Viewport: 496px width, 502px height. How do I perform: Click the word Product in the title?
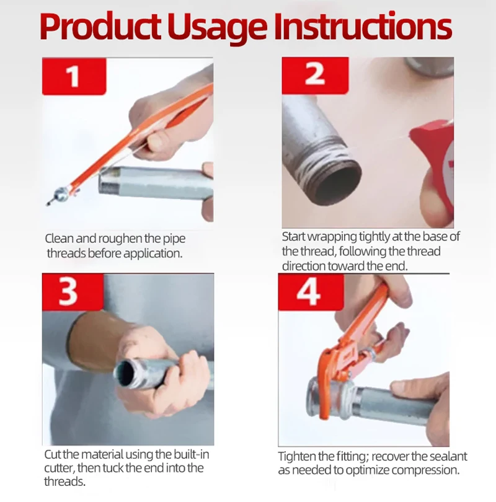click(100, 27)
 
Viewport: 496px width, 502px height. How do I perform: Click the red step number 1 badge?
click(74, 76)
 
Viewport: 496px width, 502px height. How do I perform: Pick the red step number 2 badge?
click(315, 75)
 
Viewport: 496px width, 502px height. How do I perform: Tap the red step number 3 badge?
click(73, 293)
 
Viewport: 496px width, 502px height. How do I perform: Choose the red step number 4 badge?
click(311, 292)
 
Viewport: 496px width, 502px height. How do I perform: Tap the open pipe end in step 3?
click(125, 372)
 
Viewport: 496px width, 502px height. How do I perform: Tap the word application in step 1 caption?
click(153, 253)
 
